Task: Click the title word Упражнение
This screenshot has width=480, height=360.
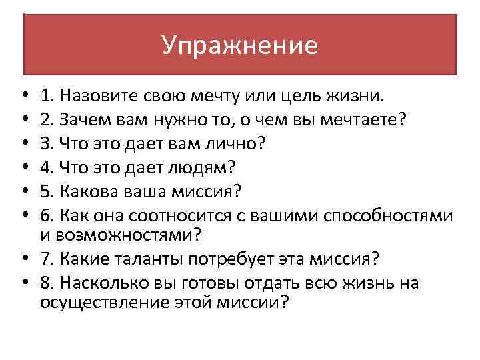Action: [240, 45]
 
